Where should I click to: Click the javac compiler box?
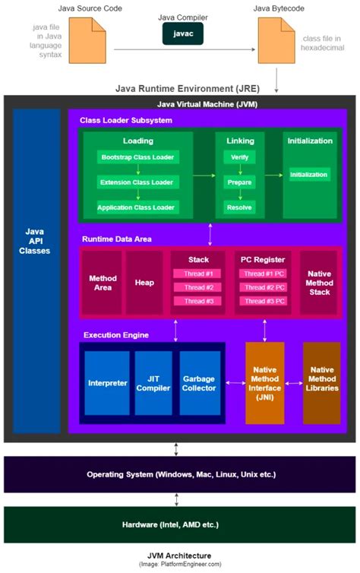pos(182,33)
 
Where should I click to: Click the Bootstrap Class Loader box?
pos(137,158)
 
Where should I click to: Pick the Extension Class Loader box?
pos(137,182)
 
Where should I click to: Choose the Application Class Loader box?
pos(137,207)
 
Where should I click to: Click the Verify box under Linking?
pos(239,158)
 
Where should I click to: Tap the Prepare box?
pos(239,182)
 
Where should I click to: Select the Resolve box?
pos(239,207)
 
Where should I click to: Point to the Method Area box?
pos(103,283)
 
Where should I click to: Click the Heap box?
pos(144,283)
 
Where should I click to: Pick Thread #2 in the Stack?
pos(198,287)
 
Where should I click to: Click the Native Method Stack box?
pos(318,283)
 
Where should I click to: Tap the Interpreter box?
pos(107,383)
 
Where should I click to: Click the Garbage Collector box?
pos(200,383)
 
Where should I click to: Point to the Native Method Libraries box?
pos(322,383)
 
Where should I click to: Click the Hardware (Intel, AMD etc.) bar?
pos(179,524)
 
